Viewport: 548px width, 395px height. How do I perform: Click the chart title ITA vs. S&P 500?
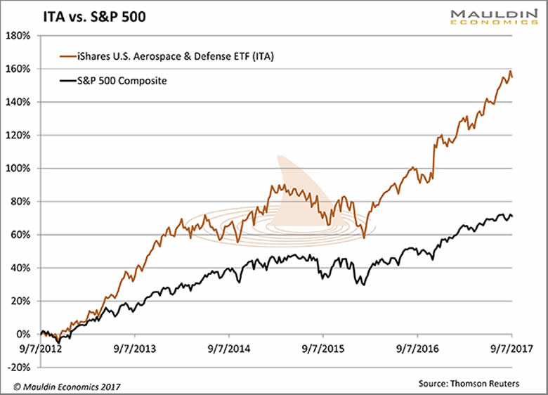tap(76, 15)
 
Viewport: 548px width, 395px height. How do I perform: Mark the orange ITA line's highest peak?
tap(509, 72)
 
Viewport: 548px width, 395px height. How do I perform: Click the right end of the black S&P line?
tap(511, 216)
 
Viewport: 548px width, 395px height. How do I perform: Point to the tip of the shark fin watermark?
tap(279, 155)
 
